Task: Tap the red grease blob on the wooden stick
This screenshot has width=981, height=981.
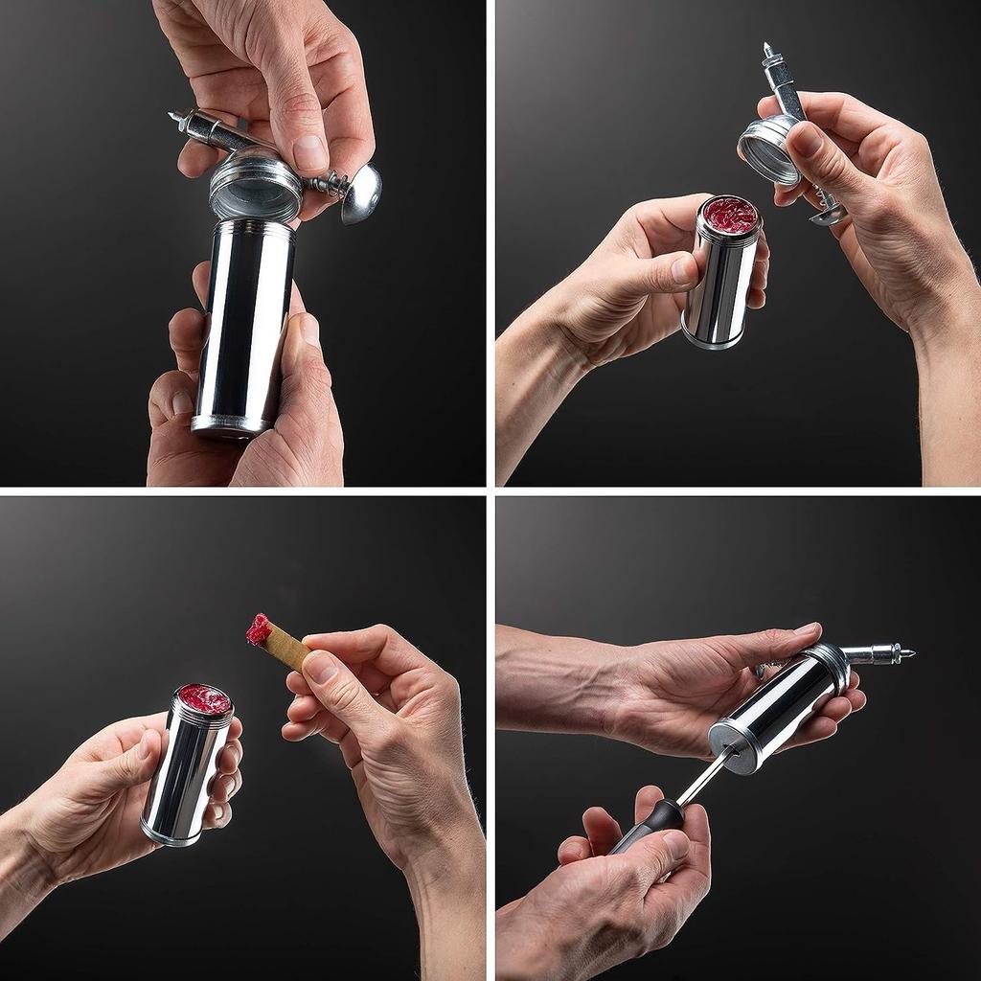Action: pos(258,628)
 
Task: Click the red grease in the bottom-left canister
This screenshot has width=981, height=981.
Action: pos(204,699)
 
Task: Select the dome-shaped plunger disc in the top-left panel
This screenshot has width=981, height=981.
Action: pos(361,194)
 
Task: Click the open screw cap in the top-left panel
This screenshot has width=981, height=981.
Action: pos(255,187)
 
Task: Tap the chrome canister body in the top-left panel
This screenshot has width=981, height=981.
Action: pos(243,326)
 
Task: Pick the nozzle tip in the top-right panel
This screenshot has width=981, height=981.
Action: pos(768,48)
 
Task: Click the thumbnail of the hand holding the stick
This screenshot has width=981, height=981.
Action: pos(321,665)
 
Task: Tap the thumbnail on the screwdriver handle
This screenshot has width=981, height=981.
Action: pos(676,843)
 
